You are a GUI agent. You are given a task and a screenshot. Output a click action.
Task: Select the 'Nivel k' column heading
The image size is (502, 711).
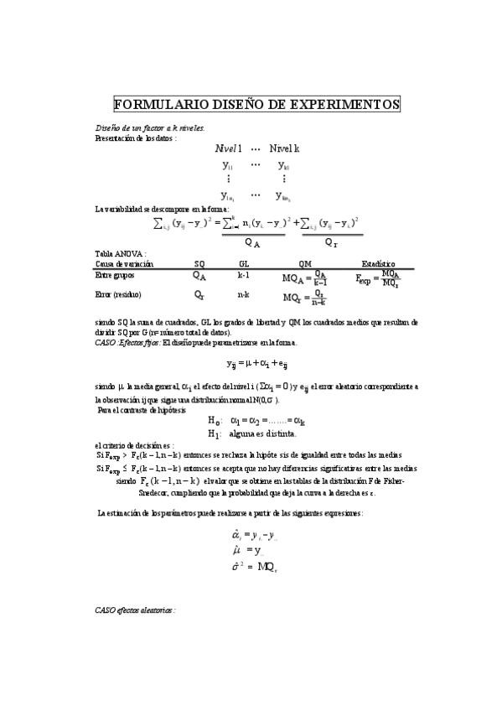click(x=284, y=148)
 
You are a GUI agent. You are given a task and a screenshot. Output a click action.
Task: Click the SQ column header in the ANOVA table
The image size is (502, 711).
click(x=199, y=263)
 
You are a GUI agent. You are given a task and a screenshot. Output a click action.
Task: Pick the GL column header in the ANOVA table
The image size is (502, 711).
click(x=244, y=263)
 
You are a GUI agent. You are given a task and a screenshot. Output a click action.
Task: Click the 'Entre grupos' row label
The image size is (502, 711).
click(x=116, y=275)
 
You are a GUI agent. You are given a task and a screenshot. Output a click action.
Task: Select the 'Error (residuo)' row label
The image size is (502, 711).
click(x=118, y=295)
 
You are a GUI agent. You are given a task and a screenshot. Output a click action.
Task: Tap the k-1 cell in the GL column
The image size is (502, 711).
click(x=244, y=275)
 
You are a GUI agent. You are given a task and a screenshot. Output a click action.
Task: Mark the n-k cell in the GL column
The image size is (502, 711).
click(x=244, y=295)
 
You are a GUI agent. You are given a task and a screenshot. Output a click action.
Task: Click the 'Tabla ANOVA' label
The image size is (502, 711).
click(x=121, y=253)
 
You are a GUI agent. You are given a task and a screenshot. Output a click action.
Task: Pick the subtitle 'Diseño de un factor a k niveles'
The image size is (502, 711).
click(x=138, y=127)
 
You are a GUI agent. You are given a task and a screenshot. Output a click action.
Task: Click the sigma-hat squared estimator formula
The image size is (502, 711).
click(x=254, y=567)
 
